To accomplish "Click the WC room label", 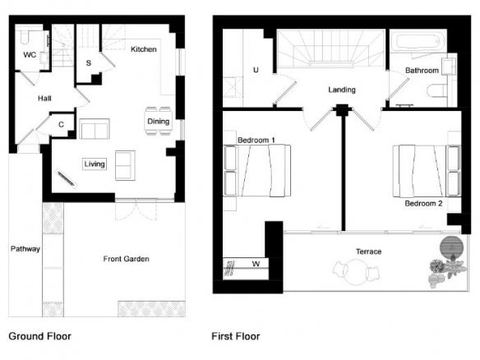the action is (30, 55).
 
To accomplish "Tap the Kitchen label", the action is (144, 49).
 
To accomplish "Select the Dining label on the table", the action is (159, 122).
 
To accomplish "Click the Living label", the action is (95, 164).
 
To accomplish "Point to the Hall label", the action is (44, 99).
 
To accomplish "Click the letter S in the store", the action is (89, 63).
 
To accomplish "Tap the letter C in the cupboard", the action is (61, 125).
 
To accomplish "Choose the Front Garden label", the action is (126, 259).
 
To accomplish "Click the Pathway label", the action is (25, 249).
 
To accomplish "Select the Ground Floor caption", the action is (39, 336).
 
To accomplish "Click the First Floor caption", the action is (236, 336).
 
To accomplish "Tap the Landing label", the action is (342, 90).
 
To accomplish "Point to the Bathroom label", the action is (422, 71).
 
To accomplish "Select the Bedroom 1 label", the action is (256, 141).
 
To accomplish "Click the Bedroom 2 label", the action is (423, 204).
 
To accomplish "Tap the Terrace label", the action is (368, 252).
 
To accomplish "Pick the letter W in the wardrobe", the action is (256, 264).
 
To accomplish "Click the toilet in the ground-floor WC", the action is (25, 37).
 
